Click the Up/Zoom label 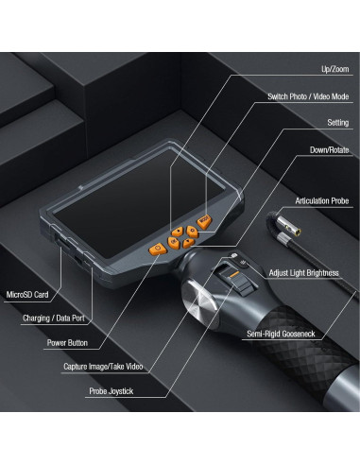(334, 69)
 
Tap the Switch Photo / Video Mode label (308, 96)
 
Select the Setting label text (337, 123)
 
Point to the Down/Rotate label (329, 150)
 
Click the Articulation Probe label (322, 201)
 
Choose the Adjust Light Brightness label (303, 273)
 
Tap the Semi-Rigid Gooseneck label (281, 334)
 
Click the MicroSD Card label (27, 295)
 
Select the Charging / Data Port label (54, 319)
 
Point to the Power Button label (67, 343)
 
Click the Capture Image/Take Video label (103, 367)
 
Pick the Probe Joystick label (111, 391)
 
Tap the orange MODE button (204, 221)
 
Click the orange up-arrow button (178, 232)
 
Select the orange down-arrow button (188, 243)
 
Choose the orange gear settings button (192, 232)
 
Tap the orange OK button (173, 243)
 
